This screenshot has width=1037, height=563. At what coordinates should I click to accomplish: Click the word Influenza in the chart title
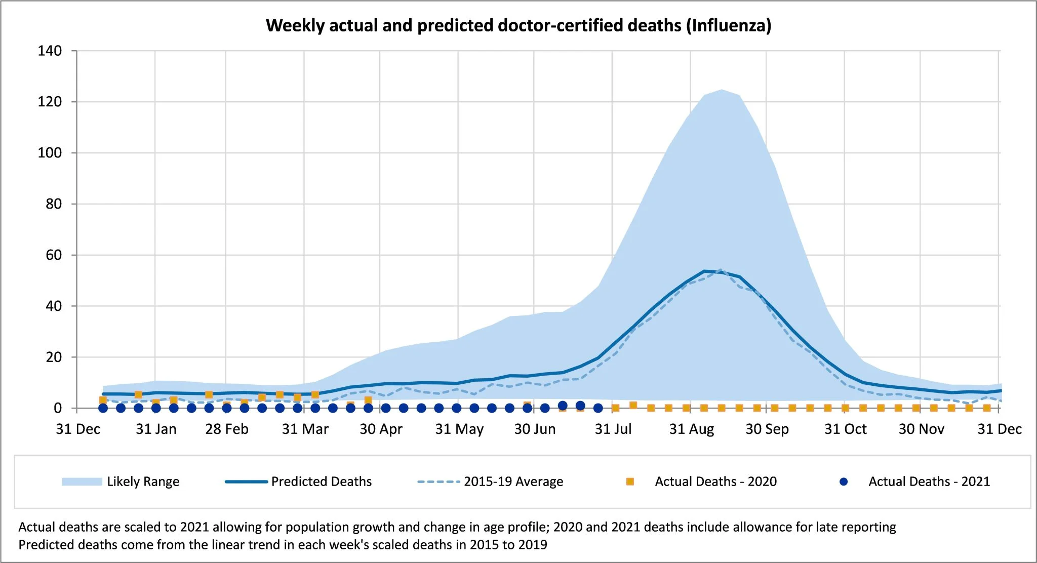click(x=729, y=25)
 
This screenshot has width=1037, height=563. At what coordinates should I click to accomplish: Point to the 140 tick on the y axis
click(x=50, y=51)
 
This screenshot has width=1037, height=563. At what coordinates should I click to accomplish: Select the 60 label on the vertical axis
click(x=54, y=255)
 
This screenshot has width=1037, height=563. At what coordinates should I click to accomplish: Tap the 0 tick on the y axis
click(x=58, y=408)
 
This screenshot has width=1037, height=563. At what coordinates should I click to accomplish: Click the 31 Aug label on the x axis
click(x=691, y=429)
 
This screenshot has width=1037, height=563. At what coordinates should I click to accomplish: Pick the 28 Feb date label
click(x=226, y=429)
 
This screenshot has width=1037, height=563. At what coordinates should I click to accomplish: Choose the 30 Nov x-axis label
click(x=921, y=429)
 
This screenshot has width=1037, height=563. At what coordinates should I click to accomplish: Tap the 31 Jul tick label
click(x=613, y=429)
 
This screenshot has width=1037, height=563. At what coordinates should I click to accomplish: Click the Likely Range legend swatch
click(x=82, y=481)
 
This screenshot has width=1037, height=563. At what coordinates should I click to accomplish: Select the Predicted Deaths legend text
click(x=321, y=481)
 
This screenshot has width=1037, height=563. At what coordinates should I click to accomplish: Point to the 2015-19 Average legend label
click(x=513, y=481)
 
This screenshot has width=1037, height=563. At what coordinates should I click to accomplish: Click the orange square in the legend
click(x=630, y=481)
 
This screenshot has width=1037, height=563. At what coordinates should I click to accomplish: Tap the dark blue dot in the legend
click(x=843, y=481)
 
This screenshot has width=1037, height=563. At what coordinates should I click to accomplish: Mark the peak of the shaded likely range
click(x=722, y=90)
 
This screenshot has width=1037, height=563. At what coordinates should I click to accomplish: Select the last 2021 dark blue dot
click(x=598, y=408)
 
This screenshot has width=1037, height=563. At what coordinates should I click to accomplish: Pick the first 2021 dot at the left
click(x=103, y=408)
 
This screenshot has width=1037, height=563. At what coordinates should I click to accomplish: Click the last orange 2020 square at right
click(x=986, y=408)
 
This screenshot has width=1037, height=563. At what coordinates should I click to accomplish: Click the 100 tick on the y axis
click(x=50, y=153)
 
